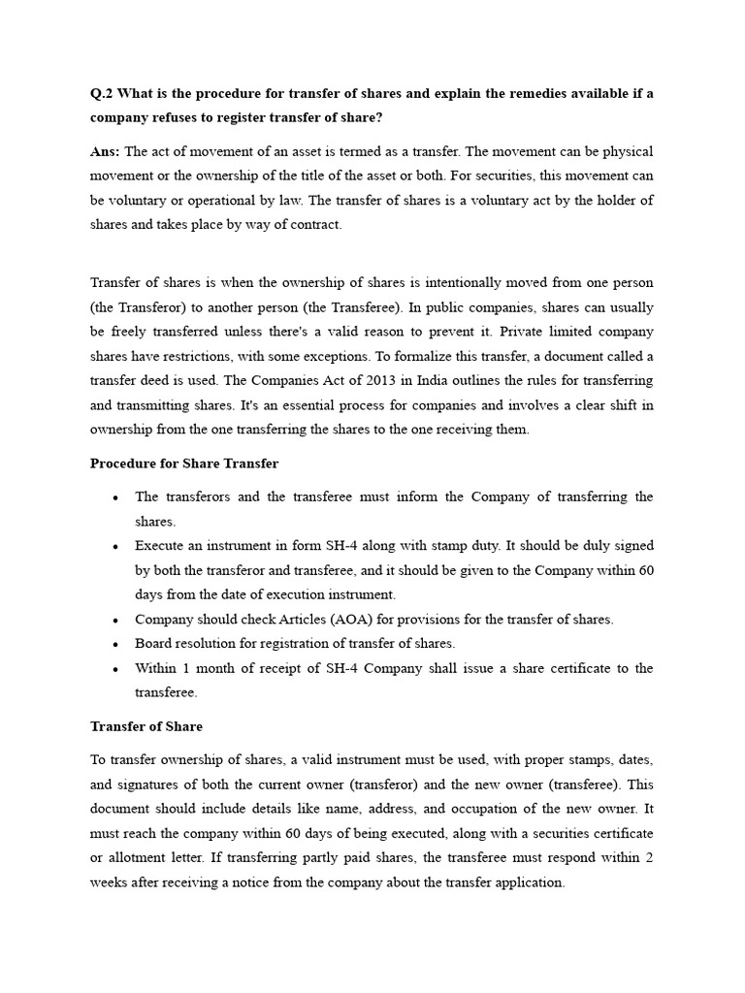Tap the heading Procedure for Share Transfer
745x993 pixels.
point(184,464)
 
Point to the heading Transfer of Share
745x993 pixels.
point(146,725)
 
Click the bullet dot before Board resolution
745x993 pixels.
point(115,644)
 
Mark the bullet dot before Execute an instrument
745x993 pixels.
point(115,546)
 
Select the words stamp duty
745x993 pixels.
point(459,545)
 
